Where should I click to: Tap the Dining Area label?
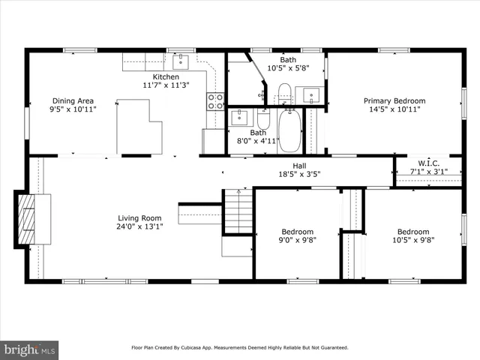click(72, 100)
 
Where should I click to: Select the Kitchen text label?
click(166, 76)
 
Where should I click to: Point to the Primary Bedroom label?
click(394, 100)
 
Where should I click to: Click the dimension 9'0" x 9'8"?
click(297, 240)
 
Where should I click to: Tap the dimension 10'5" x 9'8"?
click(413, 240)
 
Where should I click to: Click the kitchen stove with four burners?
click(215, 100)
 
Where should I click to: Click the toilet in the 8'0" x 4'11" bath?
click(263, 119)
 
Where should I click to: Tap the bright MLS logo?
click(29, 349)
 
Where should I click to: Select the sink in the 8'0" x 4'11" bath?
click(238, 116)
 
